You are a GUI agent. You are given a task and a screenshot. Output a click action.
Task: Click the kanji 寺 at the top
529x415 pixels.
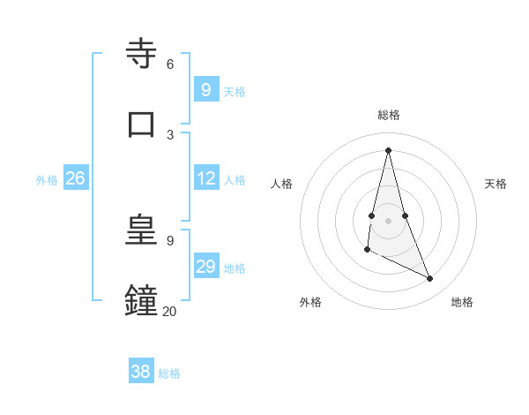pos(141,53)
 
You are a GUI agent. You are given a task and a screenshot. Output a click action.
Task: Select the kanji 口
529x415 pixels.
pos(141,123)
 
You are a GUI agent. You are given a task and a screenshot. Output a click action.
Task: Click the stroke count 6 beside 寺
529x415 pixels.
pos(170,64)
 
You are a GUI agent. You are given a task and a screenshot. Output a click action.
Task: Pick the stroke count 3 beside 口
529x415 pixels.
pos(170,134)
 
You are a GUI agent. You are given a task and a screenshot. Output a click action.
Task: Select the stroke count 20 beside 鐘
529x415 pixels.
pos(169,311)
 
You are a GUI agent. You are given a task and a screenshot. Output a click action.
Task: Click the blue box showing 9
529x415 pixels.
pos(205,89)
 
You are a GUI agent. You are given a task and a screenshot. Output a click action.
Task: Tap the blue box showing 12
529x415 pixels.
pos(205,178)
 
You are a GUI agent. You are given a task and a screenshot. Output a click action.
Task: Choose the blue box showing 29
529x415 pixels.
pos(205,267)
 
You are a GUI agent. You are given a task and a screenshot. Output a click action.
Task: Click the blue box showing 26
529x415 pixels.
pos(75,178)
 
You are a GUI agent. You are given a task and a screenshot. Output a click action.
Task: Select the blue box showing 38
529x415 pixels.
pos(140,372)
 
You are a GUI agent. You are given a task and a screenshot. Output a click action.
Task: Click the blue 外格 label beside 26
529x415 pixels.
pos(47,180)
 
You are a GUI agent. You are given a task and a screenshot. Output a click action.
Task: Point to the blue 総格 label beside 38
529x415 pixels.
pos(169,373)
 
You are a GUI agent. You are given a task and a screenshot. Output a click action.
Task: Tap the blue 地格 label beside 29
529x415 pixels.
pos(235,268)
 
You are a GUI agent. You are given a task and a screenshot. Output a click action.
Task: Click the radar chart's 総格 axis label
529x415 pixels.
pos(388,115)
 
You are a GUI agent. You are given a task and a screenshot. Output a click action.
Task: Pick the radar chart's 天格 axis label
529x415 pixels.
pos(495,184)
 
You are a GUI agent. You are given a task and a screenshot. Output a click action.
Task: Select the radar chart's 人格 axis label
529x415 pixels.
pos(281,184)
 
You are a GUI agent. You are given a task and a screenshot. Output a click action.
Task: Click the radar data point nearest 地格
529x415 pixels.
pos(430,278)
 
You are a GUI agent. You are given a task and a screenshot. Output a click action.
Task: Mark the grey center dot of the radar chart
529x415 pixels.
pos(388,220)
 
